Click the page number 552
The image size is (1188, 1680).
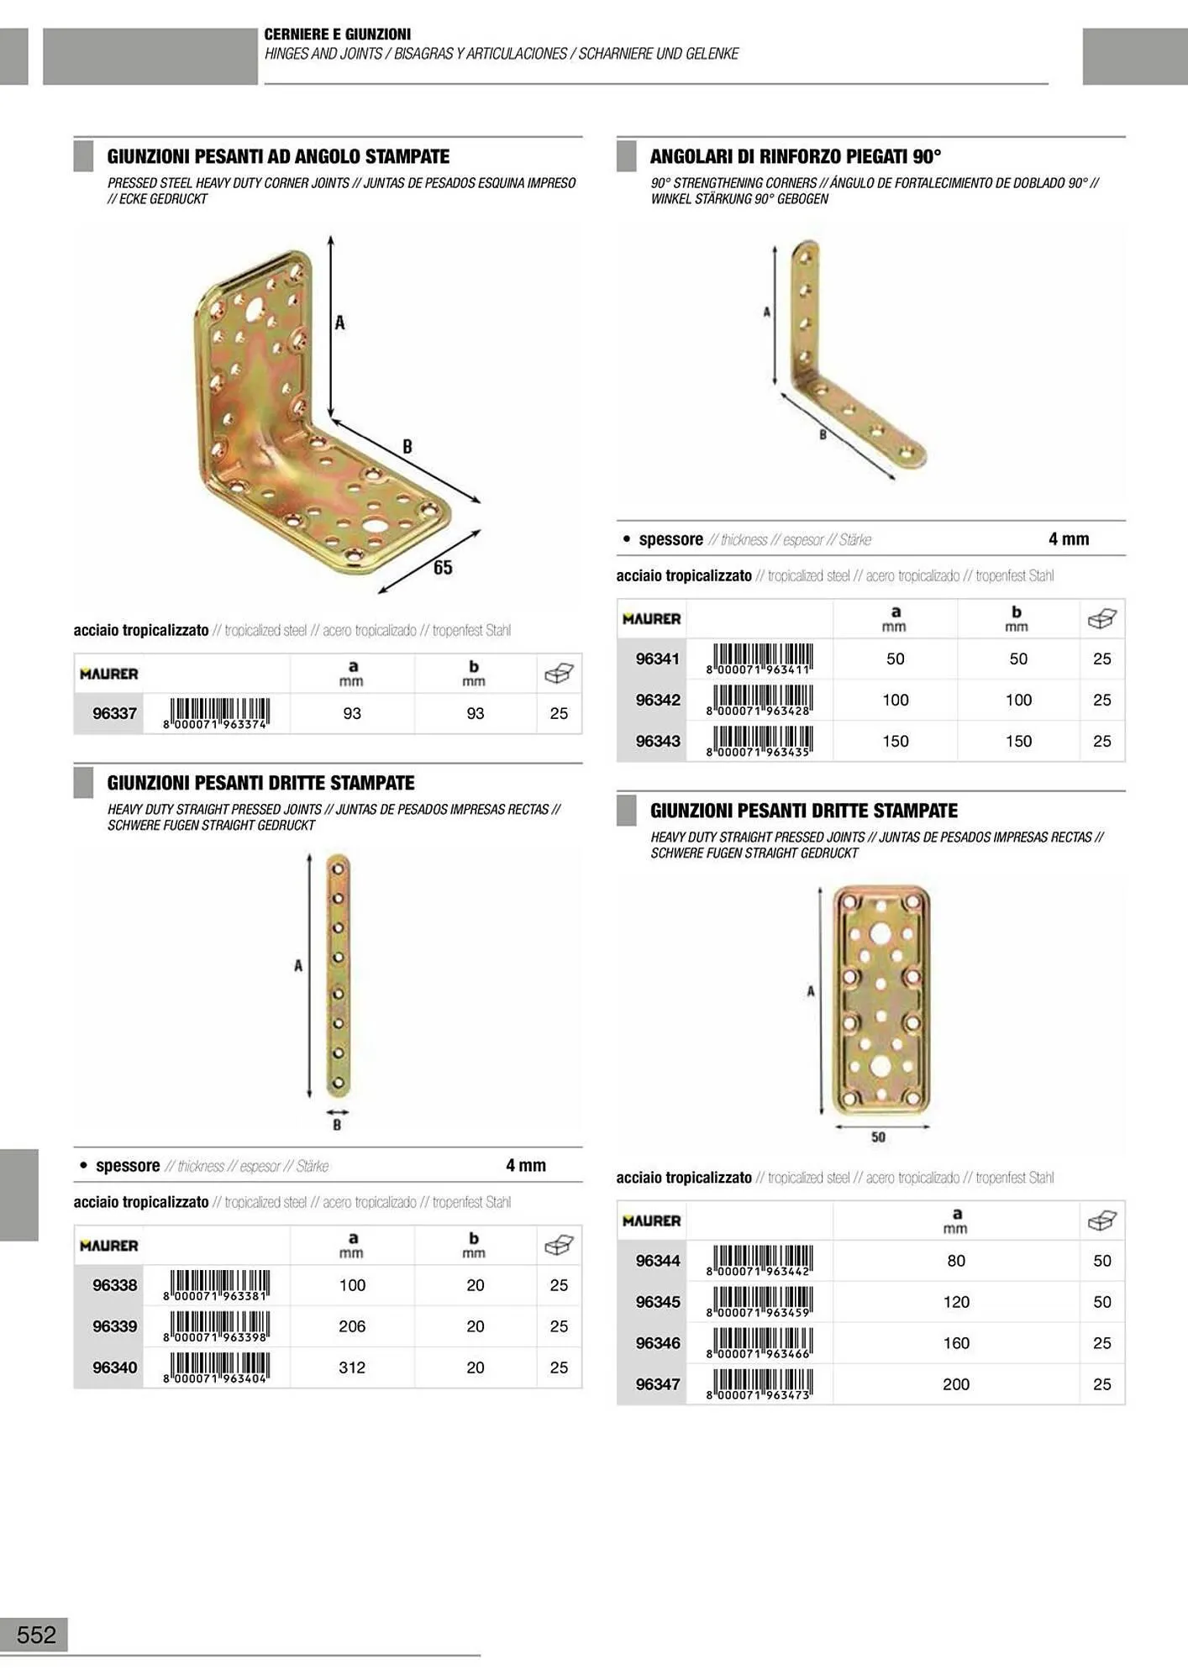click(x=36, y=1635)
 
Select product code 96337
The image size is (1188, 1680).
click(x=114, y=713)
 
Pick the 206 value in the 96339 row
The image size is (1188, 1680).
click(x=352, y=1326)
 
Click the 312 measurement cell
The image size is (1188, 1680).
click(x=352, y=1368)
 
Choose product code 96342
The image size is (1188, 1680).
click(x=658, y=700)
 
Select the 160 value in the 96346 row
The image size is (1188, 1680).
click(x=956, y=1343)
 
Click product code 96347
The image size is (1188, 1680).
click(x=658, y=1384)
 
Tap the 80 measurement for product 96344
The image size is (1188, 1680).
click(x=956, y=1261)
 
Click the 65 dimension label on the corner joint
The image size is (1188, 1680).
click(x=443, y=568)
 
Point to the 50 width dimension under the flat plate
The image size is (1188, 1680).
click(x=878, y=1137)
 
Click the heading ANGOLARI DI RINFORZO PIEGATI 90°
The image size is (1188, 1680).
click(x=796, y=156)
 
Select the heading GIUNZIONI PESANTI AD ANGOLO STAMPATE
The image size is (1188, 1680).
click(x=278, y=156)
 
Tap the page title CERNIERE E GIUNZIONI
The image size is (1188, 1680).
click(x=338, y=34)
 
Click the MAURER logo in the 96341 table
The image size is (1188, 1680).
click(x=652, y=619)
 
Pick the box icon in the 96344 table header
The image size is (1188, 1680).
click(x=1101, y=1221)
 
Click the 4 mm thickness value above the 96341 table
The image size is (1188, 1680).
click(x=1069, y=539)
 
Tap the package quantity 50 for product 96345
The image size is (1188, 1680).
click(x=1102, y=1302)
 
